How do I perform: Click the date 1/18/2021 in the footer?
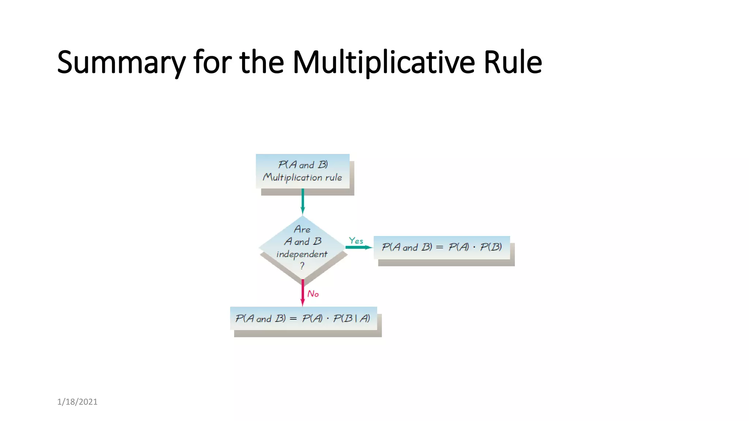click(77, 402)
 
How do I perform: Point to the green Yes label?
click(356, 240)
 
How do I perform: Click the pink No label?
click(313, 294)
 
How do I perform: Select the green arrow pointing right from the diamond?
click(358, 247)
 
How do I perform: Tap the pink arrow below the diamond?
click(302, 292)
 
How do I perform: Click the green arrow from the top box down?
click(302, 201)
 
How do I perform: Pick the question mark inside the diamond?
click(302, 266)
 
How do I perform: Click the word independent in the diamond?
click(302, 254)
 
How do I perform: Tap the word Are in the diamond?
click(302, 230)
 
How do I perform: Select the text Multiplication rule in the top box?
click(302, 178)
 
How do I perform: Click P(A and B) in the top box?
click(303, 165)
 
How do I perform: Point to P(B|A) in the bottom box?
click(351, 318)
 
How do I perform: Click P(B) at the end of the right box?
click(491, 247)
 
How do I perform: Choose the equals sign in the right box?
click(440, 247)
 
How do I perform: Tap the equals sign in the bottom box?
click(293, 319)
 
